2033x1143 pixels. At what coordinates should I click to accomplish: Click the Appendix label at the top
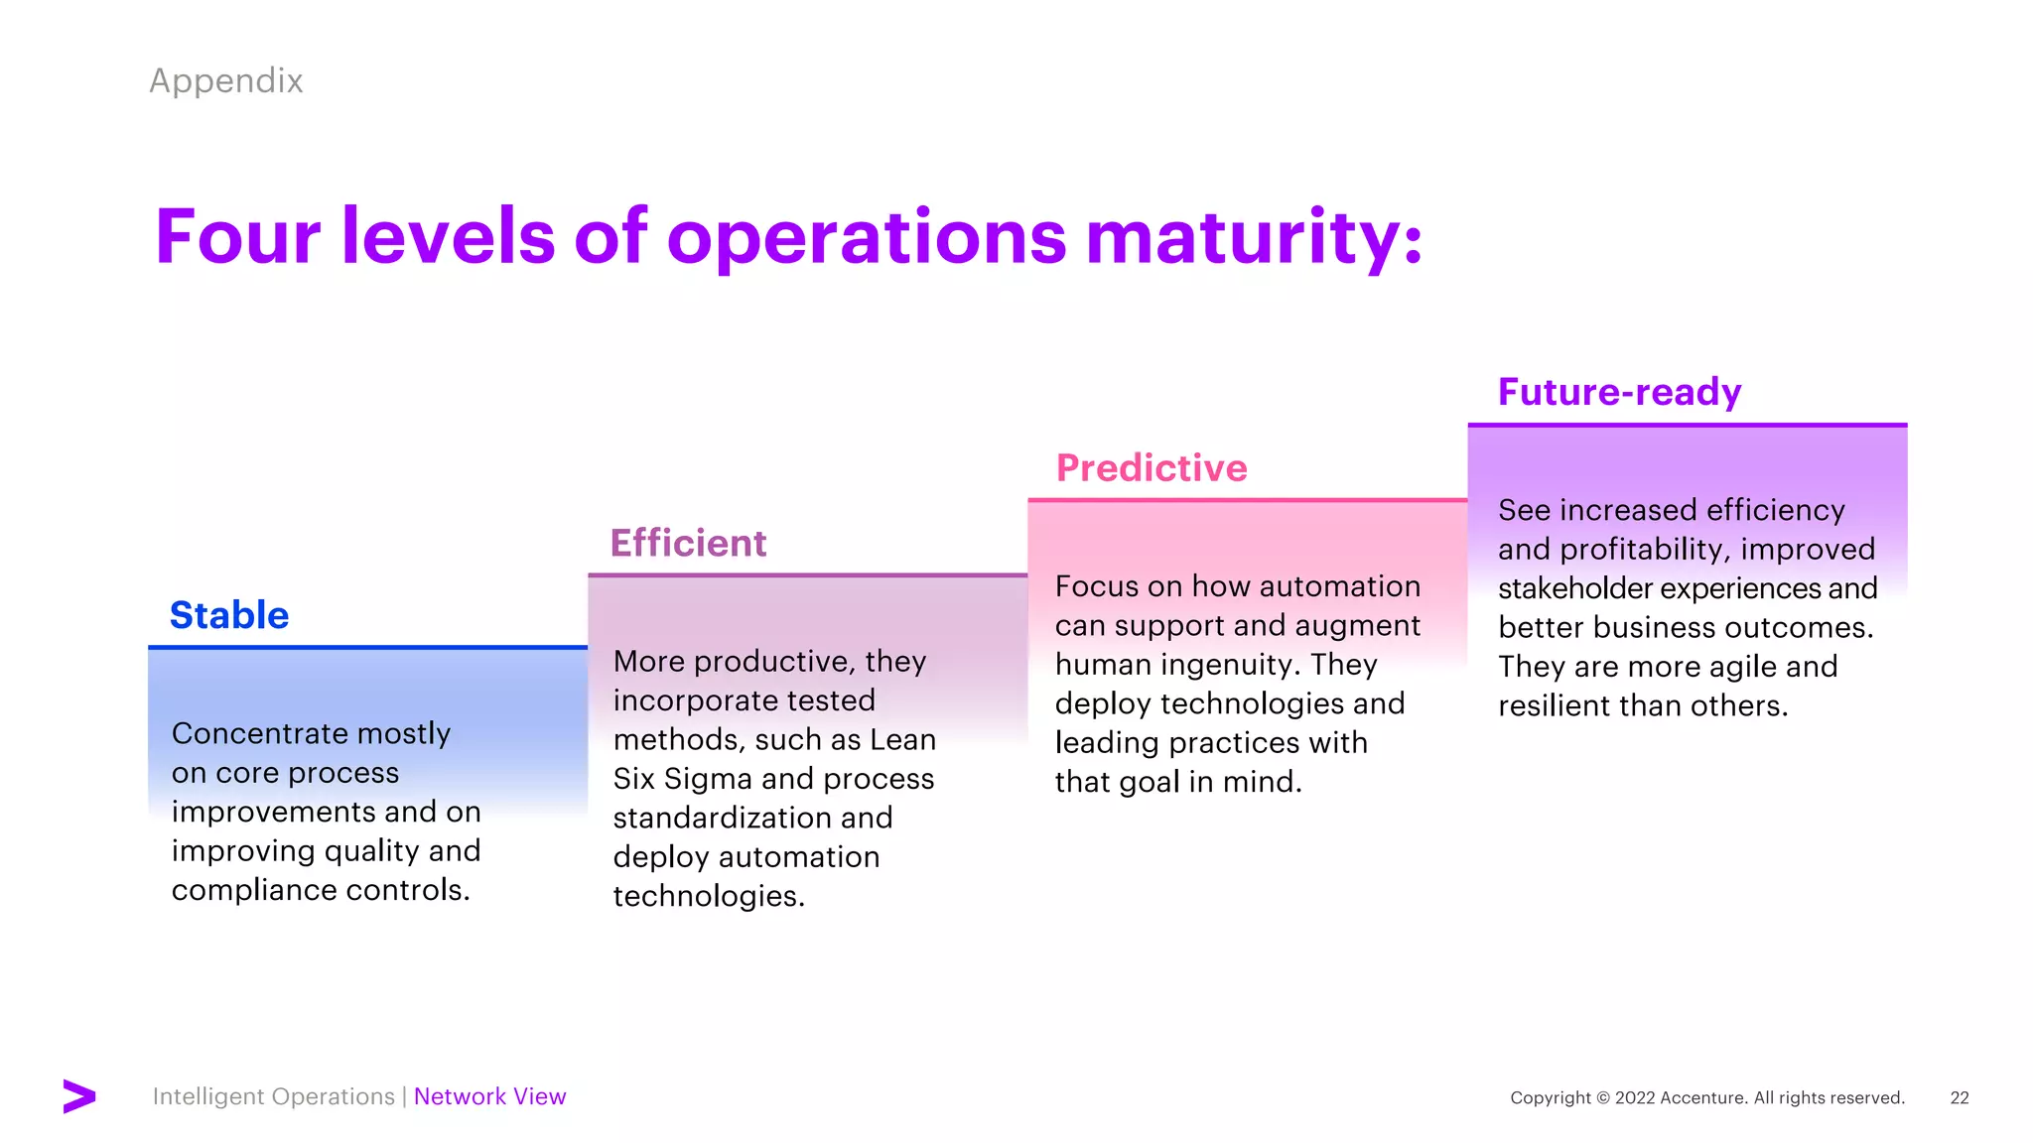pos(225,80)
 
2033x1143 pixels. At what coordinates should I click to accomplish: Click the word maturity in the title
pos(1254,237)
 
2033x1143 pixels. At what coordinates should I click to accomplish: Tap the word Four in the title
pos(237,237)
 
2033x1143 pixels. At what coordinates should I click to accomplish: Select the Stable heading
pos(229,615)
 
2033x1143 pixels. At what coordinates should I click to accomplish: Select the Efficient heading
pos(688,544)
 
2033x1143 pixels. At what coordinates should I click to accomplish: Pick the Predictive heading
pos(1152,468)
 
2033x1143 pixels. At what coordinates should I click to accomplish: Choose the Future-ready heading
pos(1619,392)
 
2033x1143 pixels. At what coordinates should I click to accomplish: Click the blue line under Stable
pos(367,647)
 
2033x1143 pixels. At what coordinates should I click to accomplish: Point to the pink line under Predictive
pos(1247,500)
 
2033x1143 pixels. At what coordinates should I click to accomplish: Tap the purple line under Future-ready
pos(1687,425)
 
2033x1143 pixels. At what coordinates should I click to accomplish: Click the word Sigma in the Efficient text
pos(707,779)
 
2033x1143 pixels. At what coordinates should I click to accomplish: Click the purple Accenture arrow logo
pos(79,1096)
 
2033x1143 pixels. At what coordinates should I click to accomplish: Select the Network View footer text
pos(489,1096)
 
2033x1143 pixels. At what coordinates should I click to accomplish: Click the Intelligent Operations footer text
pos(273,1096)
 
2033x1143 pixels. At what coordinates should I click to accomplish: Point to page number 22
pos(1959,1097)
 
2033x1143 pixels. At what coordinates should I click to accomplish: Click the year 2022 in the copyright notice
pos(1635,1097)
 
